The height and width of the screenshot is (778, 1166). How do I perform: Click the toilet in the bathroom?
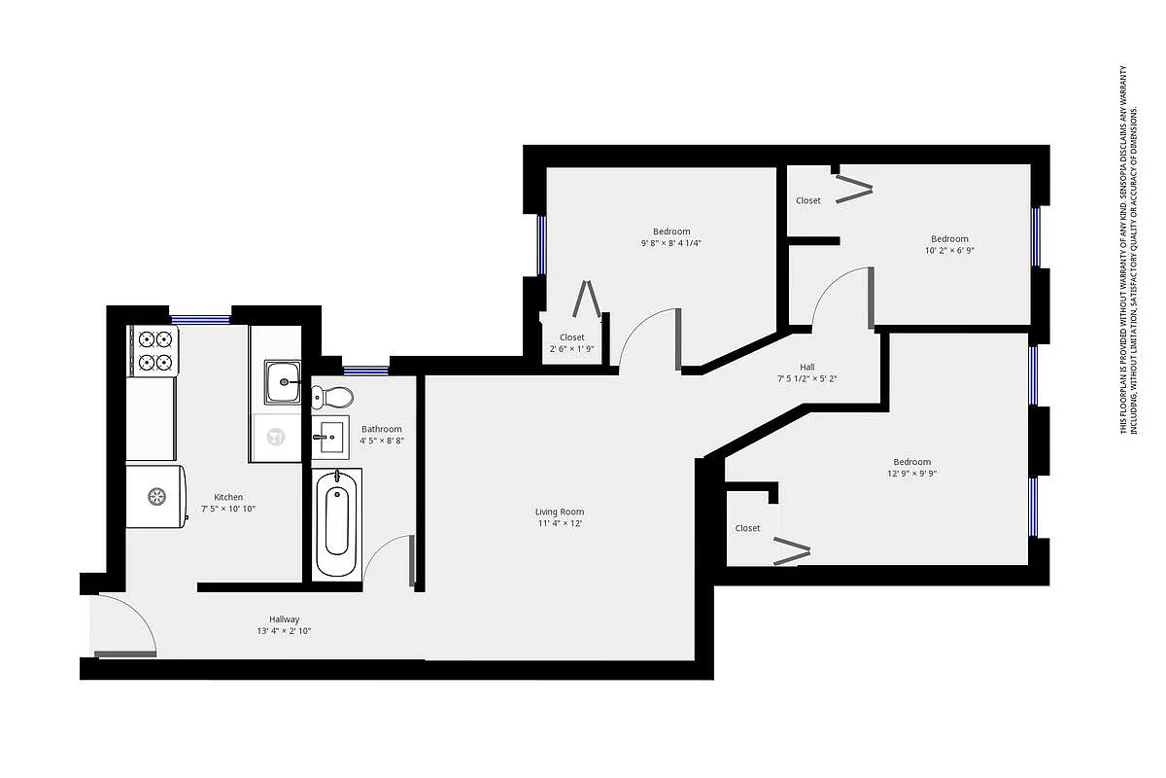[x=332, y=396]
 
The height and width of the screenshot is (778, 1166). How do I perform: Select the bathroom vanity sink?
[x=330, y=438]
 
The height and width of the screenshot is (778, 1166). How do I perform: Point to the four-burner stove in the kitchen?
[x=155, y=351]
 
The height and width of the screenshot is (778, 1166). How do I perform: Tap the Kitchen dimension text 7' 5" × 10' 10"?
[x=228, y=509]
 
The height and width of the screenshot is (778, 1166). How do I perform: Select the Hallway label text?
[x=285, y=619]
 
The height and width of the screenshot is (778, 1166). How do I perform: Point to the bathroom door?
[x=412, y=560]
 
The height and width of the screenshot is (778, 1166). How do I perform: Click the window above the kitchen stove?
[x=200, y=318]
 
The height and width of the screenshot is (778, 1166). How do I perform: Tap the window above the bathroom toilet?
[x=365, y=370]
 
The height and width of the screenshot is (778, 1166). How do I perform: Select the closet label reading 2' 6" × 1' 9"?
[x=572, y=349]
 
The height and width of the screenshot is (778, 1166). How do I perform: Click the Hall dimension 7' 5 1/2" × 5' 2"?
[x=806, y=378]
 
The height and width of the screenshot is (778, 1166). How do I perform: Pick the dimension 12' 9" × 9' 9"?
[x=911, y=474]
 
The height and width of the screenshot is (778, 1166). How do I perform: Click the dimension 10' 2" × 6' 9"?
[x=949, y=250]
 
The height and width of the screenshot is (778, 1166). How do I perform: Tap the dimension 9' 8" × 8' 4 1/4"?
[x=671, y=243]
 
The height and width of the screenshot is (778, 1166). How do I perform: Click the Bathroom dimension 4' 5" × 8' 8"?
[x=382, y=441]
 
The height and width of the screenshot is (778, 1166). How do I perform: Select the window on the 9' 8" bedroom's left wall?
[x=542, y=244]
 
